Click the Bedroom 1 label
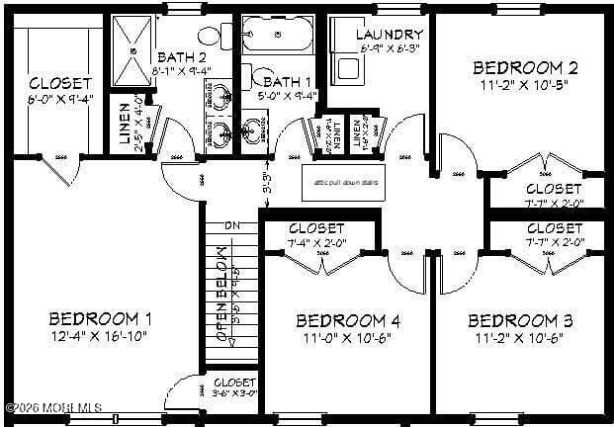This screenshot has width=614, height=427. click(100, 318)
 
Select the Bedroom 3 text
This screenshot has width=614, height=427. click(520, 320)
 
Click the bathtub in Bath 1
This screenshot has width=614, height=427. click(278, 35)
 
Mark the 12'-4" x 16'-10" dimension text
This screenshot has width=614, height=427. click(100, 338)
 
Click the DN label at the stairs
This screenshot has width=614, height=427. click(232, 226)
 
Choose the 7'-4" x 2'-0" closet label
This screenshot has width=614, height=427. click(316, 235)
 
